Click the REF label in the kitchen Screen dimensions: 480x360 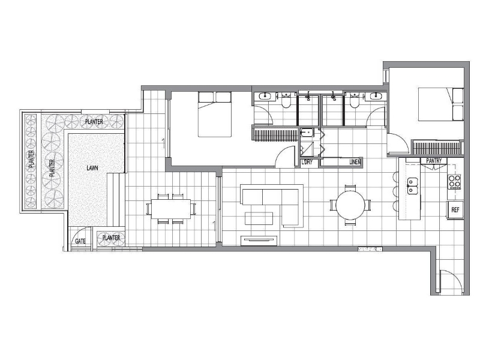[455, 210]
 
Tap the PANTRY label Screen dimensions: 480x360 [434, 161]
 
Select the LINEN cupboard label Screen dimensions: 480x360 [355, 162]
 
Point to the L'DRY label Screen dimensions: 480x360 [307, 162]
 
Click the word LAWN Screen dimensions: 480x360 [92, 168]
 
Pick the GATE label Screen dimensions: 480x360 [80, 241]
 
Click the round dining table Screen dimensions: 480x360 [350, 205]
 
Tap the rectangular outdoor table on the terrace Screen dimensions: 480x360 [170, 209]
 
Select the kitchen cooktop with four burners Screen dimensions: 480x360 [454, 182]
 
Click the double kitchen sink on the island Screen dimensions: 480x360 [412, 186]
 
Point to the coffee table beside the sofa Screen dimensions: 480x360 [259, 218]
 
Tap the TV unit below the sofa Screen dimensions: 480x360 [259, 241]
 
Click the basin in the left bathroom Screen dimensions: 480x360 [264, 96]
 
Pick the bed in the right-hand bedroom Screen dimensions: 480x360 [441, 104]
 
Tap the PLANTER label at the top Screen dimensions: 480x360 [94, 122]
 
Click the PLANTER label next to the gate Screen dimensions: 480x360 [111, 238]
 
